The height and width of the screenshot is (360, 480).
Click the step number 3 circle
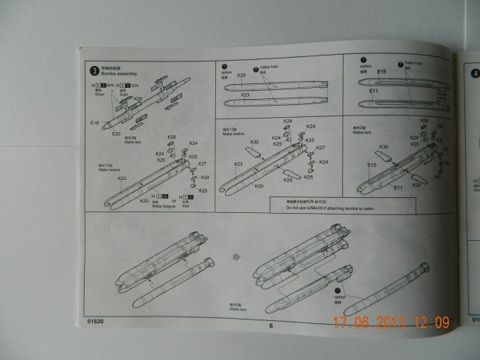coord(93,71)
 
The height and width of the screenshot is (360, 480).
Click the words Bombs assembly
coord(113,76)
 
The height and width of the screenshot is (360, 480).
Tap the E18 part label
coord(94,122)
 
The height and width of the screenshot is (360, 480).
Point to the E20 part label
coord(116,133)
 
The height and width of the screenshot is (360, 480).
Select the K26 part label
coord(137,99)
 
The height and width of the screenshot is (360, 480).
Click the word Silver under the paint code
coord(100,94)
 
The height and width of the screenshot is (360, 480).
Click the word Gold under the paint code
coord(122,94)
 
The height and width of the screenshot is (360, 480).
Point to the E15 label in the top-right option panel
coord(361,72)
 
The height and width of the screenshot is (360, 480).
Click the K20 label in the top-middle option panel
coord(241,76)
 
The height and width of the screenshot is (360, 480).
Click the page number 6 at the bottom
coord(271,325)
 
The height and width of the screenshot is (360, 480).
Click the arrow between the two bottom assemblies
coord(238,256)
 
